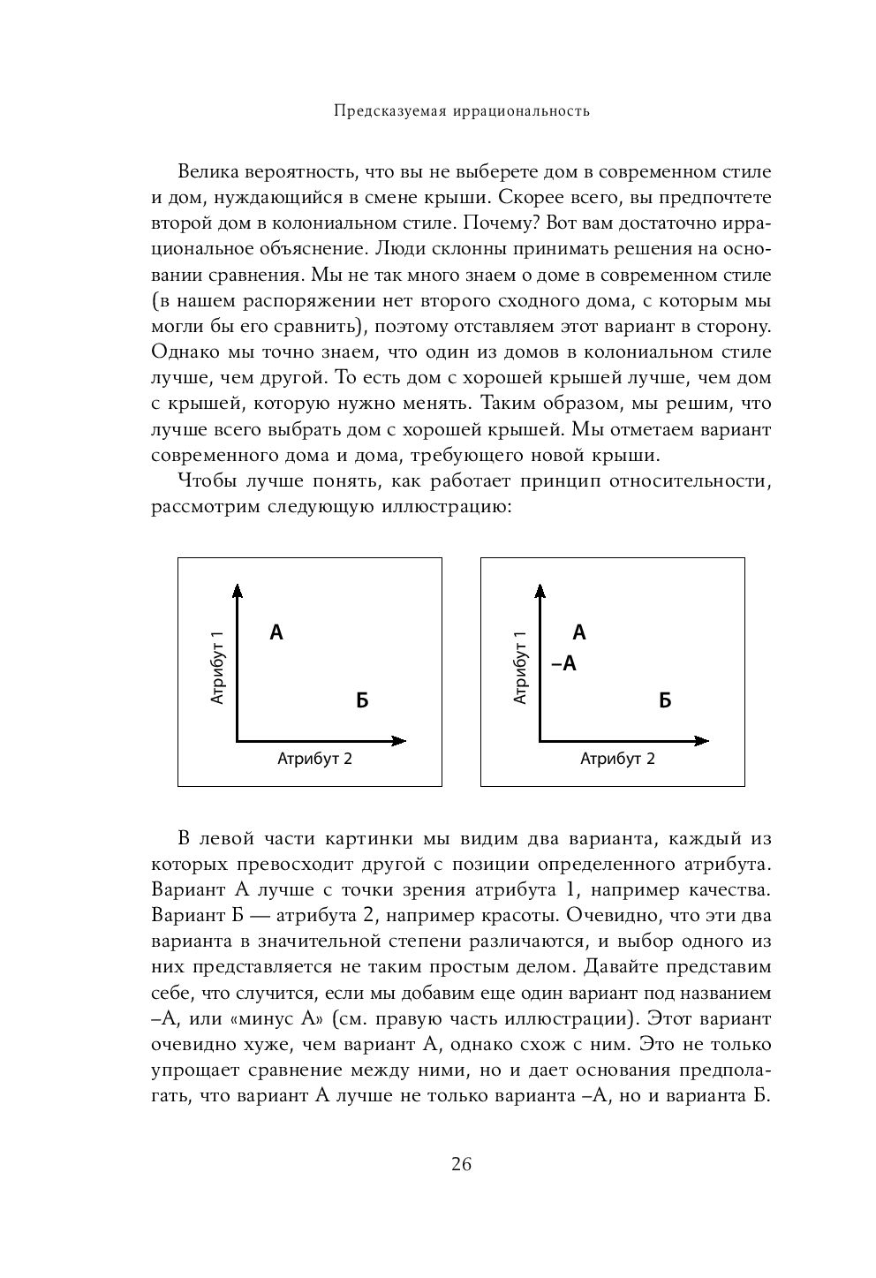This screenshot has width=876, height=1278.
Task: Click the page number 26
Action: click(x=462, y=1163)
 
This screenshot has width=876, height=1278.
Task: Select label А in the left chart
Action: click(x=276, y=632)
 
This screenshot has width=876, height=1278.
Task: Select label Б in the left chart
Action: click(x=362, y=700)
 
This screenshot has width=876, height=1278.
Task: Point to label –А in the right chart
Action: click(x=563, y=663)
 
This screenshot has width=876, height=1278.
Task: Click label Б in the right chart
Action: click(x=665, y=700)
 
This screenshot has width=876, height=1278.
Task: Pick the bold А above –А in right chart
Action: click(x=579, y=632)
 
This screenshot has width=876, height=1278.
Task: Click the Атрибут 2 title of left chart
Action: click(x=314, y=759)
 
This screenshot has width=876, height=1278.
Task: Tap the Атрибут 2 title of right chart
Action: click(x=617, y=759)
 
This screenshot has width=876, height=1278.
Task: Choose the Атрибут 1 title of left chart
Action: click(x=218, y=668)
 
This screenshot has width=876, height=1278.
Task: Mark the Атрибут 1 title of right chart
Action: click(x=521, y=668)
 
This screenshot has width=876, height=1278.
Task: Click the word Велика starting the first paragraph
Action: click(x=208, y=171)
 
